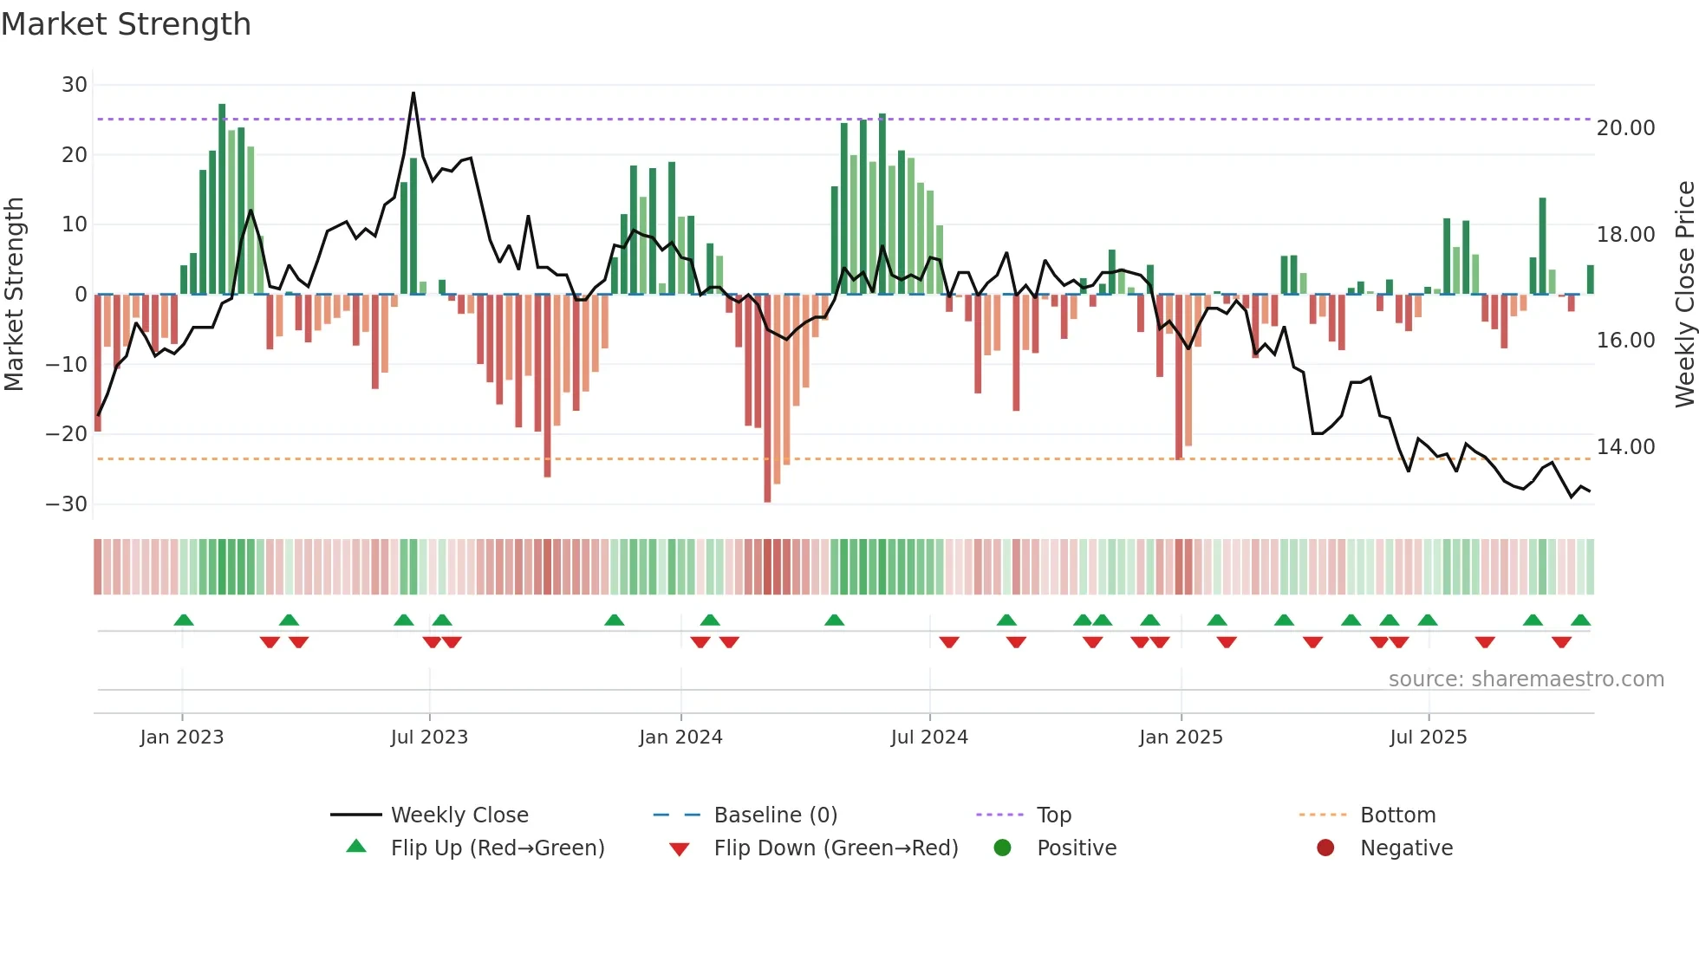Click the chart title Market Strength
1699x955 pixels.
tap(126, 24)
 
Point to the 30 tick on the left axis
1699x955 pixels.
tap(75, 85)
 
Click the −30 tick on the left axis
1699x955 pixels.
tap(68, 504)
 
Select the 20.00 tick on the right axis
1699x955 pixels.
tap(1625, 128)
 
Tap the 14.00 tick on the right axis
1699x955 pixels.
tap(1625, 447)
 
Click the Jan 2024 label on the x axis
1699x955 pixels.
tap(680, 737)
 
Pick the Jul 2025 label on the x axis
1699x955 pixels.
tap(1428, 737)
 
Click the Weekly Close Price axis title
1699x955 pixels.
tap(1684, 295)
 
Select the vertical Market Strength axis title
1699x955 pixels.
tap(15, 295)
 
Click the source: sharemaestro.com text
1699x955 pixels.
tap(1526, 679)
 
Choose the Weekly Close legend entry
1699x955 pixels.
tap(459, 815)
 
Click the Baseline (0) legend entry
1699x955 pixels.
tap(775, 815)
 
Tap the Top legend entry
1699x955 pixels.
tap(1053, 815)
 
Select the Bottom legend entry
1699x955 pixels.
tap(1397, 815)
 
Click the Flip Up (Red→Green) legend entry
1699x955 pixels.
tap(497, 848)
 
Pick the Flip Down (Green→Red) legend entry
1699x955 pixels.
tap(835, 848)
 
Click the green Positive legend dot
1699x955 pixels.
tap(1003, 848)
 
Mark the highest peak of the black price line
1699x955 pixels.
tap(413, 94)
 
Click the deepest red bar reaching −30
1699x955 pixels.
tap(767, 399)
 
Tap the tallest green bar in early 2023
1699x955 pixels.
tap(222, 199)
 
